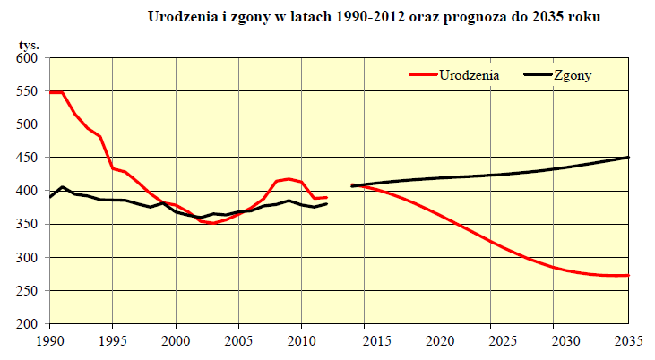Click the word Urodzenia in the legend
pyautogui.click(x=468, y=76)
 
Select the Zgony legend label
pyautogui.click(x=573, y=76)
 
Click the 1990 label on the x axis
pyautogui.click(x=49, y=340)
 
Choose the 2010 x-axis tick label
pyautogui.click(x=301, y=340)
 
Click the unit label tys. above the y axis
pyautogui.click(x=30, y=44)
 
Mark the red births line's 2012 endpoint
pyautogui.click(x=327, y=197)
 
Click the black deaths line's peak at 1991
pyautogui.click(x=63, y=187)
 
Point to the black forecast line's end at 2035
pyautogui.click(x=628, y=158)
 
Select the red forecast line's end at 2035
pyautogui.click(x=628, y=275)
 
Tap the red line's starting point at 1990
pyautogui.click(x=50, y=92)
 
